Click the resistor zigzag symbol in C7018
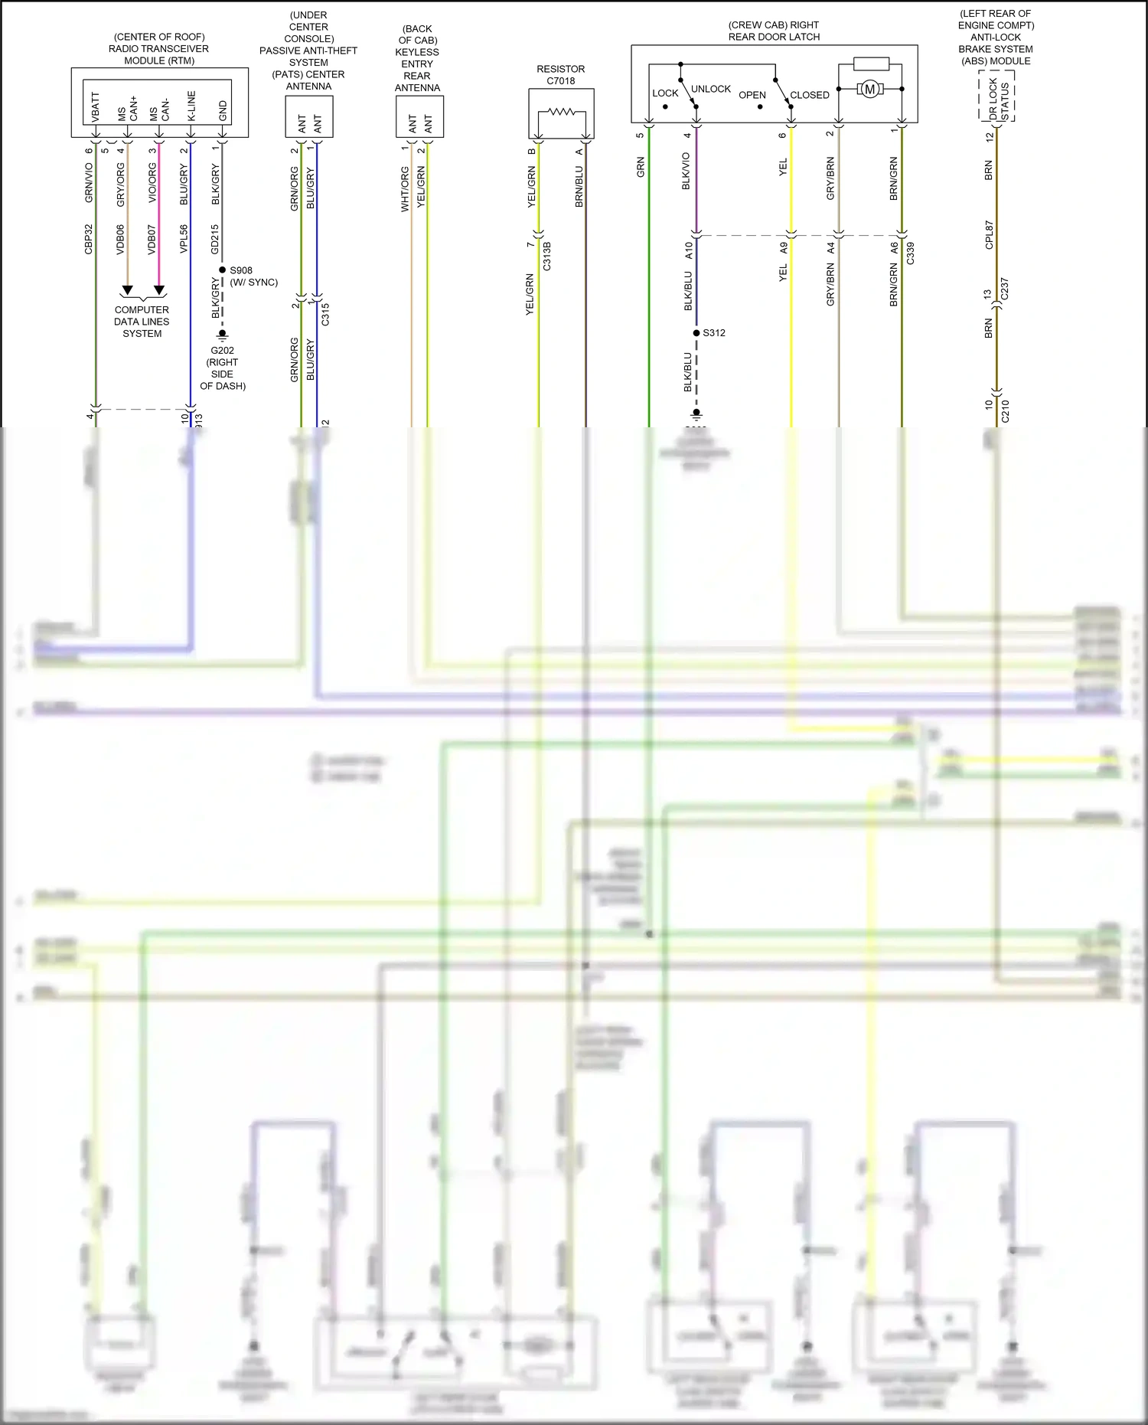[x=562, y=112]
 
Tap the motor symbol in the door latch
[x=869, y=90]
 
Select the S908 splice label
[x=241, y=270]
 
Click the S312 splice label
[x=714, y=333]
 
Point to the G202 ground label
[x=223, y=351]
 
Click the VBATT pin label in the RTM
[x=96, y=107]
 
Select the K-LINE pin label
[x=191, y=106]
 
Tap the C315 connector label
[x=325, y=314]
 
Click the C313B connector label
[x=547, y=256]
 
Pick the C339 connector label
[x=910, y=253]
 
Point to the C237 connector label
[x=1005, y=289]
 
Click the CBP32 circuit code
[x=89, y=239]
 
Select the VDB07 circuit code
[x=152, y=239]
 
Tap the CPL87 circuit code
[x=989, y=235]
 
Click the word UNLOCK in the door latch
[x=711, y=89]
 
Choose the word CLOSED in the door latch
[x=810, y=95]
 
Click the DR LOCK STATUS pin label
[x=998, y=97]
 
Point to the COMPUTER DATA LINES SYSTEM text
[x=142, y=322]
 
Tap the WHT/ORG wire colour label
[x=405, y=189]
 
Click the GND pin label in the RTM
[x=223, y=110]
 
